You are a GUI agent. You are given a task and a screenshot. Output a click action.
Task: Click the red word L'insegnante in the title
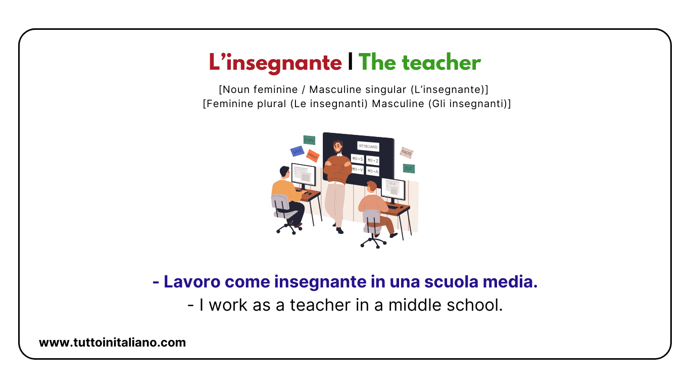pos(275,63)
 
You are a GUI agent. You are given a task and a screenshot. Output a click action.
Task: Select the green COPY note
pos(309,140)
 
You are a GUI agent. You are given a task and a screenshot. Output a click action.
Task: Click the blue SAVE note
pos(297,151)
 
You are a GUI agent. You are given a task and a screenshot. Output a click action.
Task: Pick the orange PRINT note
pos(313,156)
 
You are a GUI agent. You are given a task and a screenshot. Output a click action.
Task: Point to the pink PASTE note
pos(407,152)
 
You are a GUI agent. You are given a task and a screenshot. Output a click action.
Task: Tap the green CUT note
pos(409,168)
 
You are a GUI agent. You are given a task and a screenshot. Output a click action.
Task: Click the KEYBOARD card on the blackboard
pos(368,147)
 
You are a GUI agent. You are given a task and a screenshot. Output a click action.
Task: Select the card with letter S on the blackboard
pos(358,159)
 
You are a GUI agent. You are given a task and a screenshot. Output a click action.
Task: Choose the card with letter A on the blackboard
pos(373,172)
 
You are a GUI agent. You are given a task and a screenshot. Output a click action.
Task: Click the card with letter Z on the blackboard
pos(373,160)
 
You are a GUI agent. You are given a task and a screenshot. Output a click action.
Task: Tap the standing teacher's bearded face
pos(337,149)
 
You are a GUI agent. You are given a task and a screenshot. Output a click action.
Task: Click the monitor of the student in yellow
pos(304,174)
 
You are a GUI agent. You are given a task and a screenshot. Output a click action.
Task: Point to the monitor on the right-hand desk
pos(393,188)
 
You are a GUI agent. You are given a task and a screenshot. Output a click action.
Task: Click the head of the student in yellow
pos(284,172)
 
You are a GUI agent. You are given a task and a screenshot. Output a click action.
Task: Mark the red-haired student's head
pos(372,187)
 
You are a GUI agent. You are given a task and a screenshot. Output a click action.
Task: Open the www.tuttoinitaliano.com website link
pos(112,343)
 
